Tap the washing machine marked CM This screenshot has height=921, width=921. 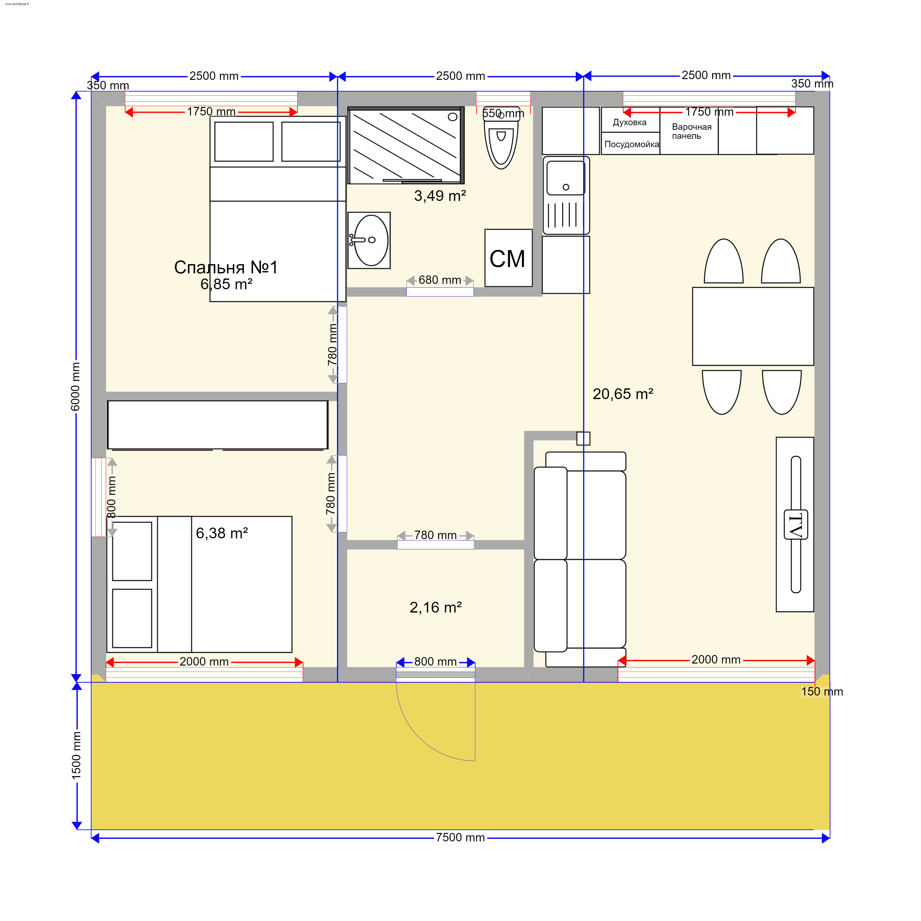508,258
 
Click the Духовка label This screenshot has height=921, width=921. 630,123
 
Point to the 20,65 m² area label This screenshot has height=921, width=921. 623,394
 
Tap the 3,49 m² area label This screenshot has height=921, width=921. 440,196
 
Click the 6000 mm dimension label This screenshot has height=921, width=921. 75,386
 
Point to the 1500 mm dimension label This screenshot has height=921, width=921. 76,755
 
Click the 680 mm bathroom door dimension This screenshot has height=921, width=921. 440,280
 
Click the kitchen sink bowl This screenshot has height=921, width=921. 566,178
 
